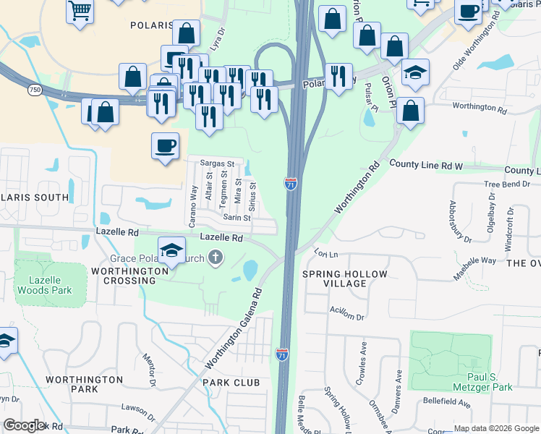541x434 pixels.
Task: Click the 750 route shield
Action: pyautogui.click(x=34, y=90)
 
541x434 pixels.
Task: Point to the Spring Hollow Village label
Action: pyautogui.click(x=345, y=279)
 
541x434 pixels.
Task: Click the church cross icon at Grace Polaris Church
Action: pyautogui.click(x=215, y=257)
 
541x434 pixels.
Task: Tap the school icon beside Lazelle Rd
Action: pyautogui.click(x=171, y=250)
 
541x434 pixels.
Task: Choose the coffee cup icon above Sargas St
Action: pyautogui.click(x=165, y=145)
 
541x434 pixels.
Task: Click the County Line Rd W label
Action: pyautogui.click(x=425, y=165)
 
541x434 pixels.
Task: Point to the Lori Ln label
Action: pyautogui.click(x=326, y=254)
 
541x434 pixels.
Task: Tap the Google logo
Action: pyautogui.click(x=24, y=425)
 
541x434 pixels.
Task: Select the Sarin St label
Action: pyautogui.click(x=237, y=217)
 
